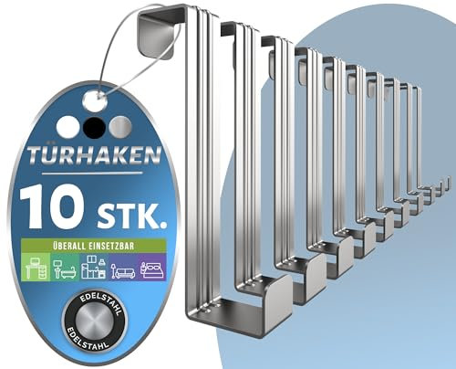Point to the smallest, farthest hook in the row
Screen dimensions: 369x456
[x=447, y=181]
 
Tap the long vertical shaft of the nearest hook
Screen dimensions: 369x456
[x=200, y=183]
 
